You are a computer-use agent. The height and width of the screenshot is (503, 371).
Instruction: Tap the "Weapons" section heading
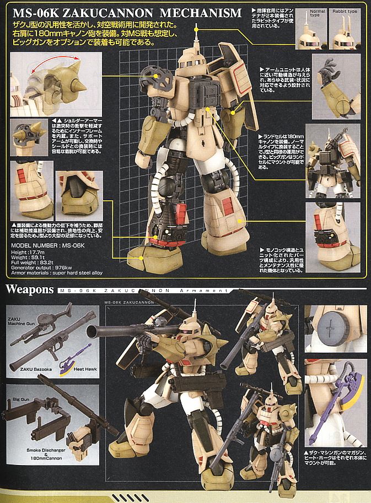pyautogui.click(x=29, y=289)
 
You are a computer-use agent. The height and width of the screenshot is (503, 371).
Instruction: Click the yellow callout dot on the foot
pyautogui.click(x=141, y=256)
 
